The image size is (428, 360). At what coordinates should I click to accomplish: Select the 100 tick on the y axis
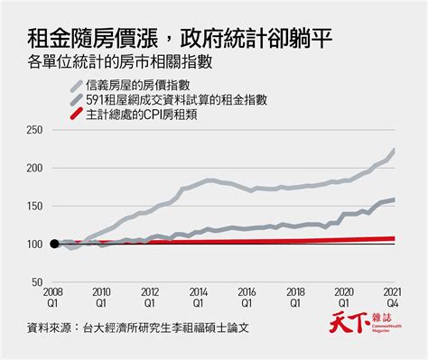click(34, 244)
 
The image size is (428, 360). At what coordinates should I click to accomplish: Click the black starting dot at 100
click(54, 244)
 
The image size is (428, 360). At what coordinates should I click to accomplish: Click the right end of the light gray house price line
click(395, 151)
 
